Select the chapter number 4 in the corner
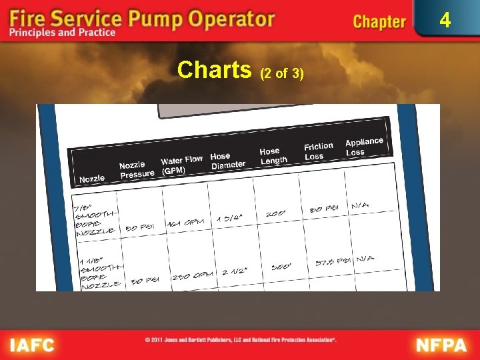point(444,20)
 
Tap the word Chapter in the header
point(379,21)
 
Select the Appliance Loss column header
point(364,147)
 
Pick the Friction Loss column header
point(318,151)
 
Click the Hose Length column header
point(273,156)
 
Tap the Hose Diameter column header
point(227,161)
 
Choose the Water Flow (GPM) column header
point(181,165)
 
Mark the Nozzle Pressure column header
point(137,170)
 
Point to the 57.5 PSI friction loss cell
point(333,262)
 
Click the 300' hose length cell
point(280,267)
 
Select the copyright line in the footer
point(241,340)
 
